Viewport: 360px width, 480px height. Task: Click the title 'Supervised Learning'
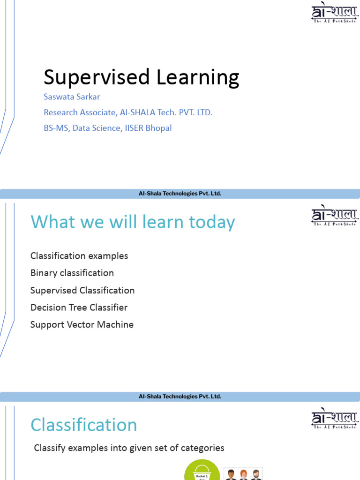point(141,77)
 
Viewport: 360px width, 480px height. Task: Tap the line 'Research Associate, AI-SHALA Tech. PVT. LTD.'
point(128,112)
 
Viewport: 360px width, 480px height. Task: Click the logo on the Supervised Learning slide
point(334,14)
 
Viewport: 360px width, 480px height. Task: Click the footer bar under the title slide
point(180,194)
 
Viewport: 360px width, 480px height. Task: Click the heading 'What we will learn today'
point(133,222)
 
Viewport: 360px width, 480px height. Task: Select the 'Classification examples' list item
point(79,256)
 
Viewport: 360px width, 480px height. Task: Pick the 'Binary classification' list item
point(72,273)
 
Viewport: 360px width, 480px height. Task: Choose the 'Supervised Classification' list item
point(82,290)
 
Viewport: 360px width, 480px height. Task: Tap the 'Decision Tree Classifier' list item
point(79,307)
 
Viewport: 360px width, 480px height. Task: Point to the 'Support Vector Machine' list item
point(82,324)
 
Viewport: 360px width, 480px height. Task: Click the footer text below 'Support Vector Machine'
point(180,397)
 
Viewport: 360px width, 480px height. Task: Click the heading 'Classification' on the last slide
point(84,425)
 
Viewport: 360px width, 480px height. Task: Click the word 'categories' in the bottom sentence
point(202,448)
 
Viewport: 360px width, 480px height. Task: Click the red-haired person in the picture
point(243,474)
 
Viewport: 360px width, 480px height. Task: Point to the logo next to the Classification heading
point(334,419)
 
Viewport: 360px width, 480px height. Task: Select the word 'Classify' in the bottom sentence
point(50,448)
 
